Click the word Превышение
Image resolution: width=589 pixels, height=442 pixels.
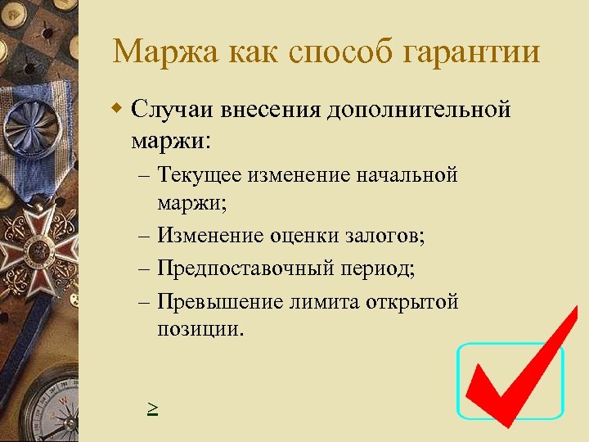(x=218, y=301)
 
